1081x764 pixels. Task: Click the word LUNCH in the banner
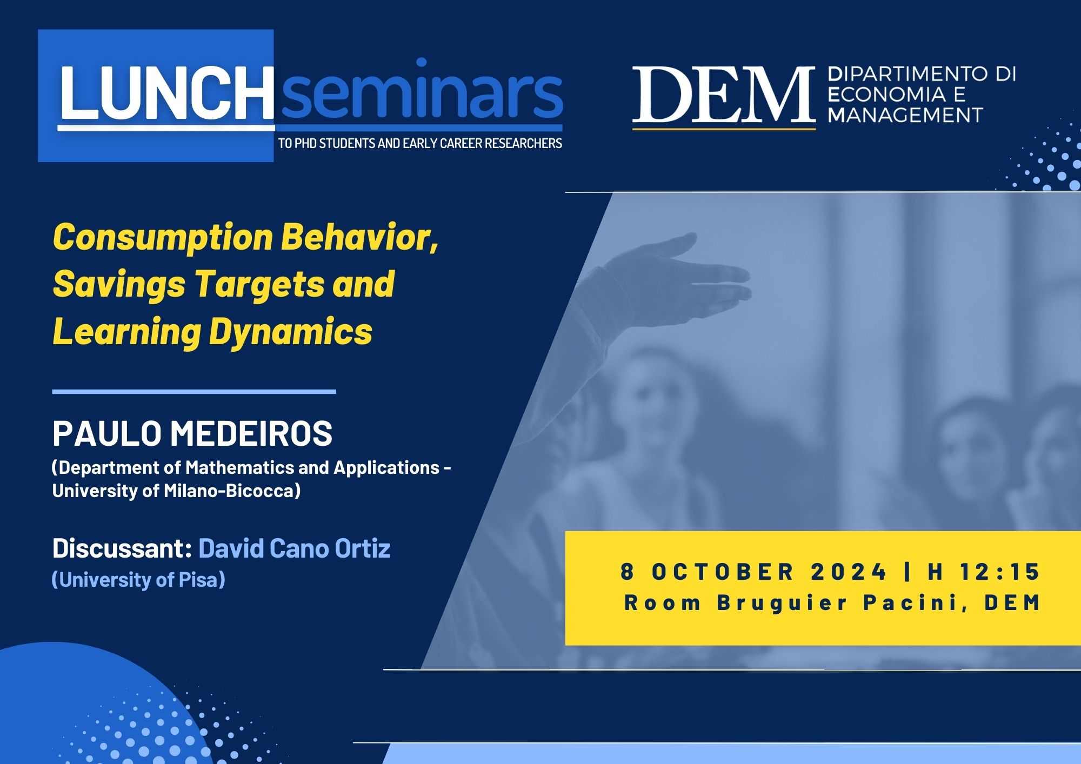click(x=166, y=93)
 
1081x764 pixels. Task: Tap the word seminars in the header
click(x=421, y=89)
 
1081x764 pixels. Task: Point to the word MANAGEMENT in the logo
click(x=905, y=115)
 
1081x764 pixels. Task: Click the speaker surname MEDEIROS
click(x=252, y=433)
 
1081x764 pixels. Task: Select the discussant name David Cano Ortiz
click(x=295, y=548)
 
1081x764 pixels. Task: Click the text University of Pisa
click(x=138, y=580)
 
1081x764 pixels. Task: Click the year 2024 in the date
click(x=849, y=572)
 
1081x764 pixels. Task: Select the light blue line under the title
click(x=194, y=392)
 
